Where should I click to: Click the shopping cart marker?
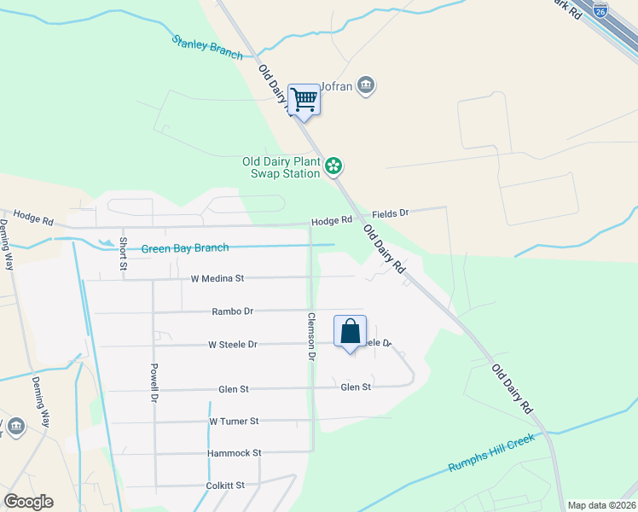click(304, 101)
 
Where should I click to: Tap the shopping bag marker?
click(350, 331)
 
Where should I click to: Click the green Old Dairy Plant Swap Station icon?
click(334, 165)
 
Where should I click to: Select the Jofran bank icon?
click(366, 86)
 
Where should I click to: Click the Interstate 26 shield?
click(600, 11)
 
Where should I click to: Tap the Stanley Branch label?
click(207, 46)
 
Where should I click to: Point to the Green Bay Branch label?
click(185, 248)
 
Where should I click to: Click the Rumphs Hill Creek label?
click(491, 454)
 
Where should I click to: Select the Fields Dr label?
click(391, 212)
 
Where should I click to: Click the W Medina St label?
click(217, 278)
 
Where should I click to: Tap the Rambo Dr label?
click(233, 311)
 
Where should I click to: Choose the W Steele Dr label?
click(233, 345)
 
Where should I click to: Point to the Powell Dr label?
click(154, 383)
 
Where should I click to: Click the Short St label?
click(123, 253)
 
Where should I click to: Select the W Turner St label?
click(233, 422)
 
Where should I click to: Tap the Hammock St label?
click(233, 453)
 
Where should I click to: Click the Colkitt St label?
click(225, 486)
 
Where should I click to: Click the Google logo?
click(28, 502)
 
